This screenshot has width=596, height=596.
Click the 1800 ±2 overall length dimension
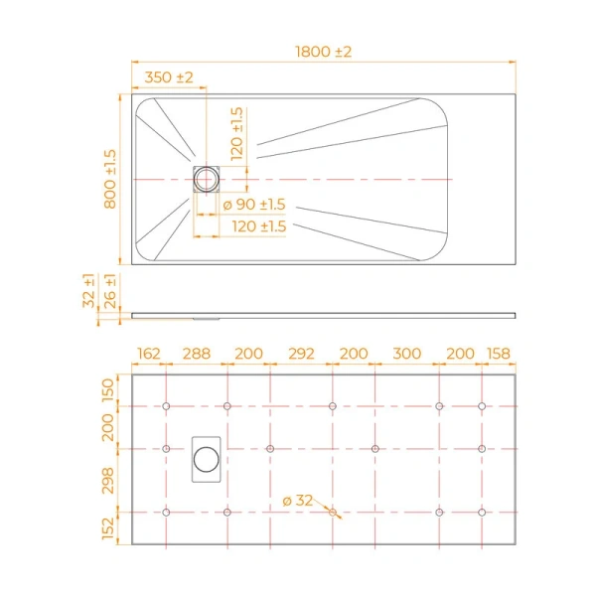pos(324,52)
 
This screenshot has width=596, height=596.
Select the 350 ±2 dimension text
pos(169,77)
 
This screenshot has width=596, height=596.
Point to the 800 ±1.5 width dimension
pos(110,179)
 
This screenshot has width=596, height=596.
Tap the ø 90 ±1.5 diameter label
pos(252,205)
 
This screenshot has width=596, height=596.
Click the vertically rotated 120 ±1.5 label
pos(236,134)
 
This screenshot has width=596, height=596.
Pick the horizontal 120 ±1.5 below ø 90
pos(258,227)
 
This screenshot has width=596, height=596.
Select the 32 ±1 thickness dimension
pos(89,291)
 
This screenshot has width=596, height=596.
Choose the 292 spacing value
pos(300,354)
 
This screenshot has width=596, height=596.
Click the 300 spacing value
pos(406,354)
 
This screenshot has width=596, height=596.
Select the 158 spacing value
pos(499,354)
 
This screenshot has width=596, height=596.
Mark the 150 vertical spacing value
pos(110,390)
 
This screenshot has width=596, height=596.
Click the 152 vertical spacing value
pos(110,527)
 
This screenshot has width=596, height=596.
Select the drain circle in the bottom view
pos(207,459)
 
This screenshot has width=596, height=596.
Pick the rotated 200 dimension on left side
pos(110,427)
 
